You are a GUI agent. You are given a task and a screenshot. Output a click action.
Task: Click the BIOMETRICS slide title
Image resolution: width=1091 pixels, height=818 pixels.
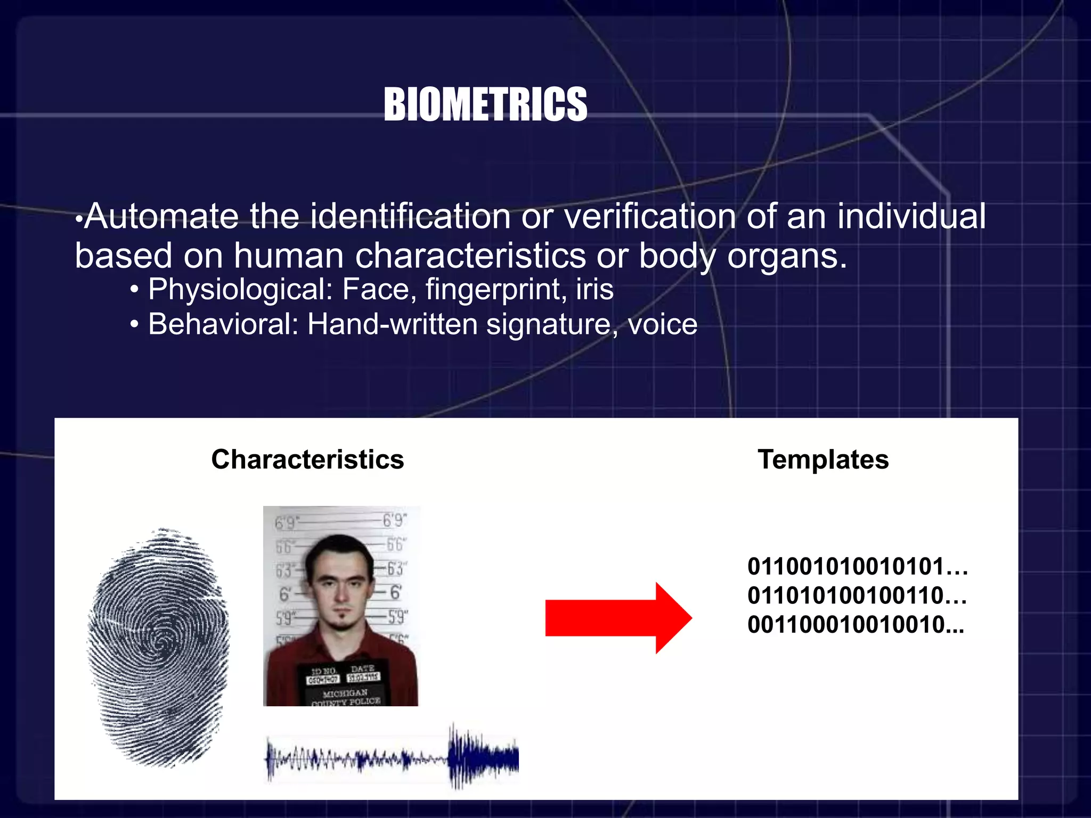(x=485, y=104)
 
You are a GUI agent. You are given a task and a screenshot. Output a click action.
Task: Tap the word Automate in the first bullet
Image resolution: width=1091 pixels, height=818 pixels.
(x=161, y=217)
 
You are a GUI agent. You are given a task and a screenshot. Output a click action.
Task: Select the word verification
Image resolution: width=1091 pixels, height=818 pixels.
(x=649, y=217)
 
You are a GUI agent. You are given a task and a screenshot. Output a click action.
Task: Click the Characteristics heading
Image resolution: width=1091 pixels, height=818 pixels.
(x=307, y=459)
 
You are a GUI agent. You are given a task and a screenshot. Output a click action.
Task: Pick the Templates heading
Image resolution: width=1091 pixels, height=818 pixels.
(x=823, y=459)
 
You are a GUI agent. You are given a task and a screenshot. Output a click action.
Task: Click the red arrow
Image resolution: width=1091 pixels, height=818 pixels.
(x=618, y=618)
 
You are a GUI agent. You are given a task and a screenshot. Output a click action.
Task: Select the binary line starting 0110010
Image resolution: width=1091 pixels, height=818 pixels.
(x=857, y=567)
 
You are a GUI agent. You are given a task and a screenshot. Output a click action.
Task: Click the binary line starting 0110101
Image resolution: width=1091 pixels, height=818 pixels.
(x=857, y=595)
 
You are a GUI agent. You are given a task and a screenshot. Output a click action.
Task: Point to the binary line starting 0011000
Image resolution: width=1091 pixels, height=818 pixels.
(x=856, y=625)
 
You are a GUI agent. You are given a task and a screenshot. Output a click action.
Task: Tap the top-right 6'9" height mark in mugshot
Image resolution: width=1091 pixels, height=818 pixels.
(x=395, y=520)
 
